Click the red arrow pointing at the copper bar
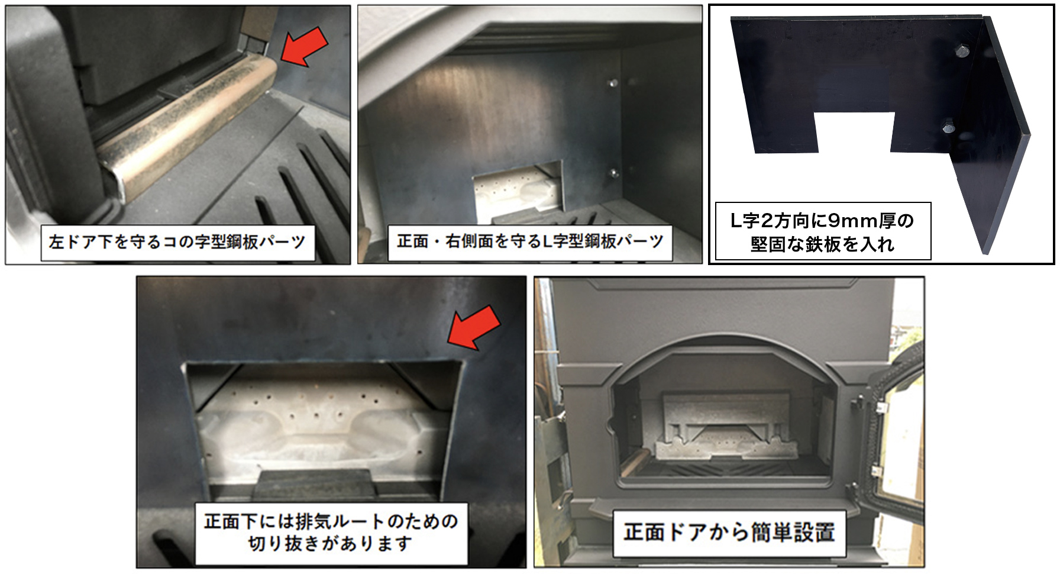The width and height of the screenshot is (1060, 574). pyautogui.click(x=304, y=46)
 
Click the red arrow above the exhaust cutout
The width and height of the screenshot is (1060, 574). pyautogui.click(x=473, y=327)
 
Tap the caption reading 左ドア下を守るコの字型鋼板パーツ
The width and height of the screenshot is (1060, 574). pyautogui.click(x=177, y=242)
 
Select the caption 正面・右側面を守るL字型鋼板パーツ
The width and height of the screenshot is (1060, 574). pyautogui.click(x=529, y=241)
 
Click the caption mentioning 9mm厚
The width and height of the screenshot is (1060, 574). pyautogui.click(x=822, y=231)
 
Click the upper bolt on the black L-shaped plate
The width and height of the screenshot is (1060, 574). pyautogui.click(x=962, y=51)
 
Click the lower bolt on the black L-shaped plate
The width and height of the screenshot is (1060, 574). pyautogui.click(x=948, y=127)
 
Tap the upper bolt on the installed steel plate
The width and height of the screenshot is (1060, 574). pyautogui.click(x=613, y=83)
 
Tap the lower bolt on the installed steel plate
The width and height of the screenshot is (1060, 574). pyautogui.click(x=613, y=173)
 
